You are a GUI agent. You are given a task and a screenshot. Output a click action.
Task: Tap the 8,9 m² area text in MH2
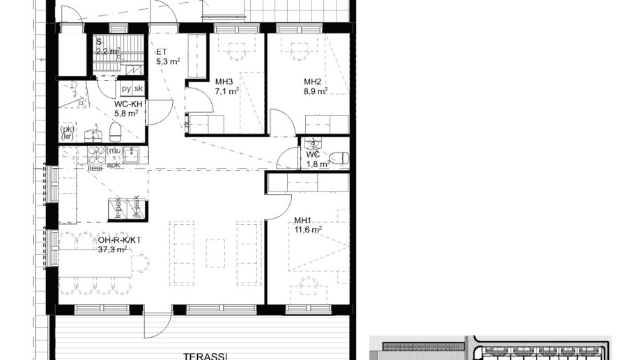pyautogui.click(x=315, y=91)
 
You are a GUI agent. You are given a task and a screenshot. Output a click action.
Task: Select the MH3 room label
pyautogui.click(x=224, y=81)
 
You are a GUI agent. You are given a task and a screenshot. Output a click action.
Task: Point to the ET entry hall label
pyautogui.click(x=161, y=52)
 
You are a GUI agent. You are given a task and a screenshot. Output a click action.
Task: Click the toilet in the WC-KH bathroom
pyautogui.click(x=116, y=130)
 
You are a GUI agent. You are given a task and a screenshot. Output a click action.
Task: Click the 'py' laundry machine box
pyautogui.click(x=126, y=88)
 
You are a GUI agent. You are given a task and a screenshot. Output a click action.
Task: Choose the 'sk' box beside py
pyautogui.click(x=139, y=88)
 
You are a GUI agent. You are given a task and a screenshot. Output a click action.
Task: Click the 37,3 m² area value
pyautogui.click(x=111, y=249)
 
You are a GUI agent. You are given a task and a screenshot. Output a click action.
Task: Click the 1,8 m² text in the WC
pyautogui.click(x=317, y=164)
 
